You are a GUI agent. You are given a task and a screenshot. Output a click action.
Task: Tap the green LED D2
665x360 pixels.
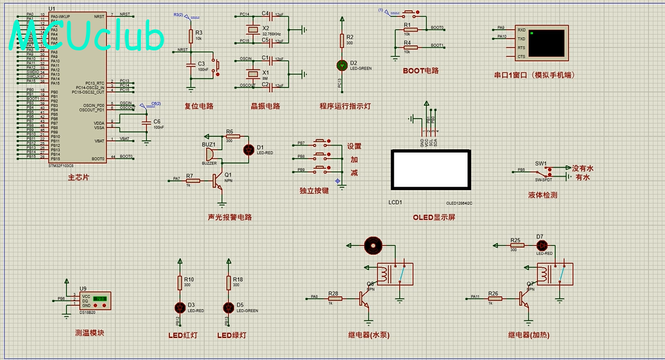(x=342, y=65)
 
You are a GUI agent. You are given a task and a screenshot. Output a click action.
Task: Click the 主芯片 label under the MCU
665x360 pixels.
(x=78, y=176)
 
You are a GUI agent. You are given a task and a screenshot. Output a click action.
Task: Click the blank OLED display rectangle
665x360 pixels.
(x=430, y=170)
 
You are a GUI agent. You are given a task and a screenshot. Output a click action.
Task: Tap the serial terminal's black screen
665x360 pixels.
(x=547, y=42)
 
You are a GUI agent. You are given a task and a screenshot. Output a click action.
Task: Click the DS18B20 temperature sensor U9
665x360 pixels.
(x=93, y=300)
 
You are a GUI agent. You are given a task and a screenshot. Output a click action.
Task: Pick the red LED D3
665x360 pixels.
(x=180, y=306)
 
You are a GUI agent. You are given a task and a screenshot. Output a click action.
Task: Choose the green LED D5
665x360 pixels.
(x=228, y=306)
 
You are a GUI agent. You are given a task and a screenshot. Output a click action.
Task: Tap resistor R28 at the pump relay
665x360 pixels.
(x=333, y=297)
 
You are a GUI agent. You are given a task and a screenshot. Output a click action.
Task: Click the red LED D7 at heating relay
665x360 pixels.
(x=542, y=245)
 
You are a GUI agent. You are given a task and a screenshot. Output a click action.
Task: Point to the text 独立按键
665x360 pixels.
(x=313, y=191)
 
